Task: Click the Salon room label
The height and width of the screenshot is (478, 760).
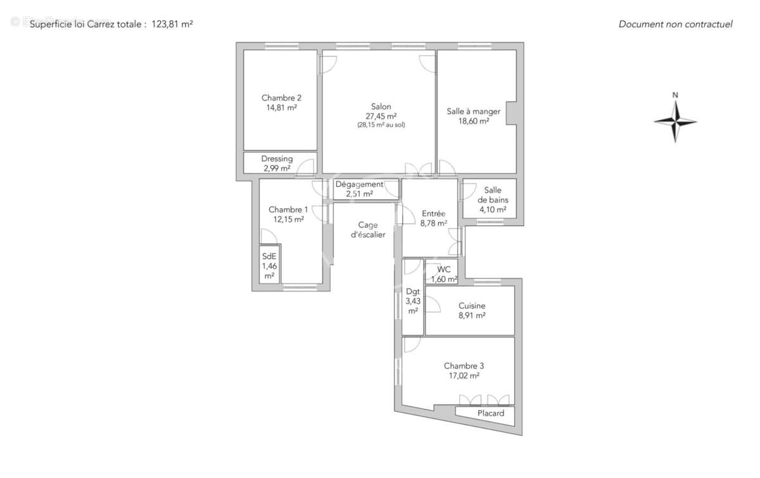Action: coord(381,107)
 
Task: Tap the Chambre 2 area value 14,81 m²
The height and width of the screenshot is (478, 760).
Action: coord(281,108)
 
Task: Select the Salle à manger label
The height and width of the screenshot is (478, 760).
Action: coord(474,112)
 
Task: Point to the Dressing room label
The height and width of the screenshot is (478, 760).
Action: coord(277,159)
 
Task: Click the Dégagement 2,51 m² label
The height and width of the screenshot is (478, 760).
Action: coord(359,189)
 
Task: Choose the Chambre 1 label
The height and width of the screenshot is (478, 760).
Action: coord(288,210)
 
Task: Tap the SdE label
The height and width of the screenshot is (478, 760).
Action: coord(269,257)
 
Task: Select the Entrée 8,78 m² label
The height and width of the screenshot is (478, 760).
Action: coord(434,218)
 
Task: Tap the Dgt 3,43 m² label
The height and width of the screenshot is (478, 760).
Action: coord(412,301)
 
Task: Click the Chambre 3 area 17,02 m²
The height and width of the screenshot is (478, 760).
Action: coord(464,375)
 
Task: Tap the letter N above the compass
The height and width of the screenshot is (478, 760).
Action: coord(675,96)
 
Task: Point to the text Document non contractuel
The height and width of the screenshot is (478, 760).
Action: coord(675,25)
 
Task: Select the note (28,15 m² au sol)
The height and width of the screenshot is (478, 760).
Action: coord(381,125)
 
